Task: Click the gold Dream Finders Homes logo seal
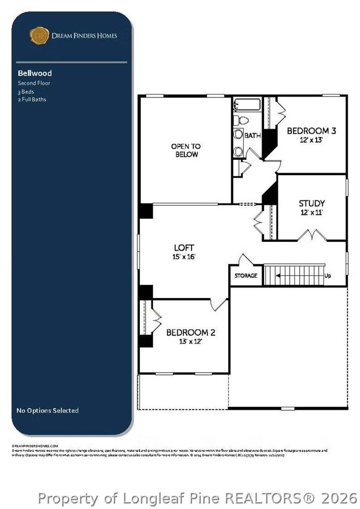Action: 39,36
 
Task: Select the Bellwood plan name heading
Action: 35,73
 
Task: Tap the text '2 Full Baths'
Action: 32,100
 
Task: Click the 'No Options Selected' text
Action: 47,411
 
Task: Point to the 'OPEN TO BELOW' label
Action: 186,150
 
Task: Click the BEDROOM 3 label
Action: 311,131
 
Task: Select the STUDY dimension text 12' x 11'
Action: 311,212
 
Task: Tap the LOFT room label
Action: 184,248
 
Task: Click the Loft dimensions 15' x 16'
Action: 184,257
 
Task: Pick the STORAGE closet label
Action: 246,276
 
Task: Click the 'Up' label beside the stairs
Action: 327,276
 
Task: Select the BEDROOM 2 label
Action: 191,332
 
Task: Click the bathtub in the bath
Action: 247,104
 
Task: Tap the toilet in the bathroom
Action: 241,121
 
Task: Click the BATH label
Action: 252,135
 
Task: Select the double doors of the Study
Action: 312,235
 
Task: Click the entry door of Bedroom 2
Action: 220,305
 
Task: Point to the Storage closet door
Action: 246,260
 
